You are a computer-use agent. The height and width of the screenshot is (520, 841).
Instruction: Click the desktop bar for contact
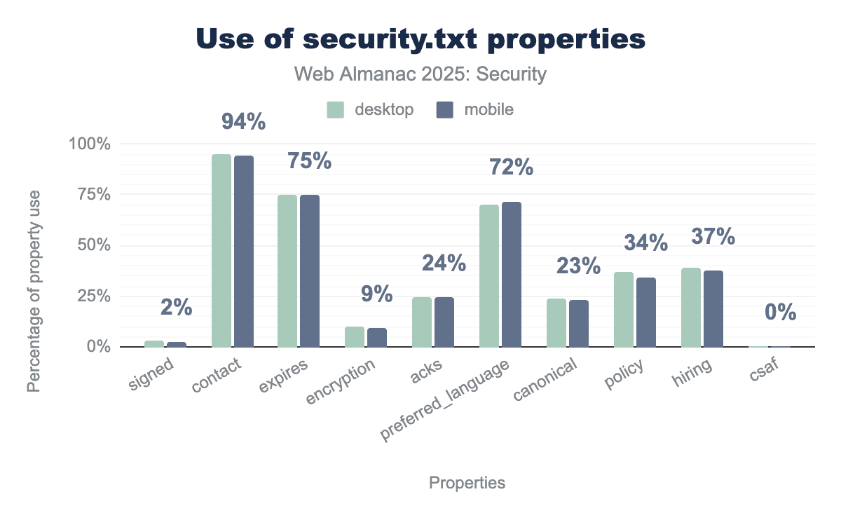click(221, 250)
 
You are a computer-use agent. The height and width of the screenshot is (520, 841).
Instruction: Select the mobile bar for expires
click(310, 271)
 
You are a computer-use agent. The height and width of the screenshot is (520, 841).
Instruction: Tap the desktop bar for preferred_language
click(489, 275)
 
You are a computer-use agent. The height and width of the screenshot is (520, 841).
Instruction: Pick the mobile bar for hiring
click(713, 308)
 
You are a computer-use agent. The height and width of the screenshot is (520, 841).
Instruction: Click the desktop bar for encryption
click(355, 336)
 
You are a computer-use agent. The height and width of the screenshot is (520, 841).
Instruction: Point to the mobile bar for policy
click(646, 312)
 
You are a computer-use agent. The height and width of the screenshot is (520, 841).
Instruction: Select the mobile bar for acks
click(444, 322)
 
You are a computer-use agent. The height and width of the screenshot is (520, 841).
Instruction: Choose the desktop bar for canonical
click(556, 322)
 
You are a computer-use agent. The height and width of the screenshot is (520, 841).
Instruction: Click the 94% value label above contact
click(243, 122)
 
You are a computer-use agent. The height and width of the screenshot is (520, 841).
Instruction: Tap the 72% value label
click(512, 168)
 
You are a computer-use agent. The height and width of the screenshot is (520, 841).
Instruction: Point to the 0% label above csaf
click(781, 313)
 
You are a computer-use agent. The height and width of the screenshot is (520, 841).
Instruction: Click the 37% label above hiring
click(713, 237)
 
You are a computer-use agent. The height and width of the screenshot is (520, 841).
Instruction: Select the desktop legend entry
click(371, 109)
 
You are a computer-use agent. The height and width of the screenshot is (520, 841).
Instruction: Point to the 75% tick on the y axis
click(92, 195)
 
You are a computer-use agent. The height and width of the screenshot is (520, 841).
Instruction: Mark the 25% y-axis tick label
click(92, 296)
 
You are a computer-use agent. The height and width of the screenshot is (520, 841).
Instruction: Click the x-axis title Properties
click(467, 483)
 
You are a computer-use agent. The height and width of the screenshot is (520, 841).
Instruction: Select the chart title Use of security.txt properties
click(420, 40)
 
